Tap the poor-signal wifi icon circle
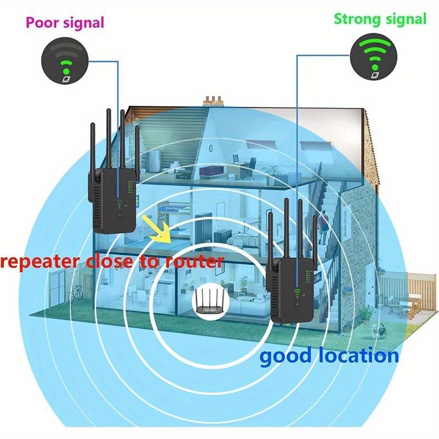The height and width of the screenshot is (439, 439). (x=65, y=61)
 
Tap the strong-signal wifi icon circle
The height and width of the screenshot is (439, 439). (x=374, y=57)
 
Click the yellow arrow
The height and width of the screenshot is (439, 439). (x=157, y=229)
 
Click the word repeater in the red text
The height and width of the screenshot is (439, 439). (x=40, y=262)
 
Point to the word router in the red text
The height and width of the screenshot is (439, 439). (x=194, y=261)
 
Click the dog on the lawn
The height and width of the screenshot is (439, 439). (x=378, y=330)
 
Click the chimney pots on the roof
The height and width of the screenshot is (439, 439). (x=213, y=102)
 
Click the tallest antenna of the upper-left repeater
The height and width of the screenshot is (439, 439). (x=109, y=139)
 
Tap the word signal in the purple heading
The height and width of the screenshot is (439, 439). (x=84, y=23)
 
